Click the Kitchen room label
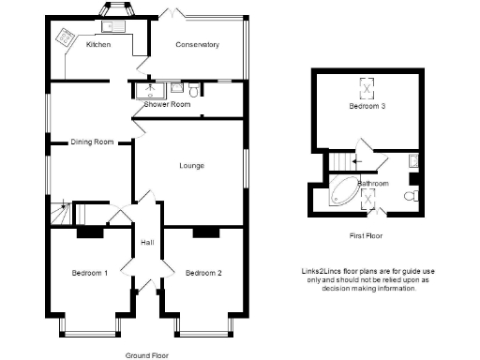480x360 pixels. (98, 45)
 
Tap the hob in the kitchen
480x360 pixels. (67, 37)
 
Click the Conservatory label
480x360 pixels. (198, 45)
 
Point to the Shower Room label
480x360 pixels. (167, 104)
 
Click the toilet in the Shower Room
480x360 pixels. (192, 90)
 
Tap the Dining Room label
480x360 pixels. (92, 142)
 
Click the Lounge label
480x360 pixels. (192, 166)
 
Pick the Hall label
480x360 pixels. (147, 243)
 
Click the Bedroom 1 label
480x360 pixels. (90, 273)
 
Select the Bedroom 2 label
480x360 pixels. (202, 273)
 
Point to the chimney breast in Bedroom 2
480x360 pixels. (205, 231)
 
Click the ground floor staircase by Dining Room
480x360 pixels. (61, 214)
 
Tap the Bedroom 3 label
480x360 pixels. (368, 107)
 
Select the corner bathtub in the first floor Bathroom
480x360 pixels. (344, 192)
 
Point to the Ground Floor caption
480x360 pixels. (147, 355)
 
